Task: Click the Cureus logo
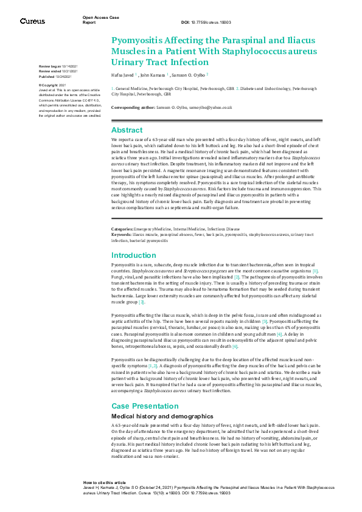pos(32,21)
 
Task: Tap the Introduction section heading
pos(134,255)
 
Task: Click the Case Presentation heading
pos(144,406)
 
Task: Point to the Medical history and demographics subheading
pos(156,415)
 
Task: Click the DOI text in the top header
pos(201,22)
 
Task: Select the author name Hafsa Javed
pos(124,75)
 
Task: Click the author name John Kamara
pos(153,75)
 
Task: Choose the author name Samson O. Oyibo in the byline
pos(188,75)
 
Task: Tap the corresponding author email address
pos(207,107)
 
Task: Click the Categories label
pos(123,229)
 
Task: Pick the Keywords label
pos(122,234)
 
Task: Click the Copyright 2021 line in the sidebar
pos(52,86)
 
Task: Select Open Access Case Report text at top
pos(101,20)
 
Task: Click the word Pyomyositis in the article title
pos(139,40)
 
